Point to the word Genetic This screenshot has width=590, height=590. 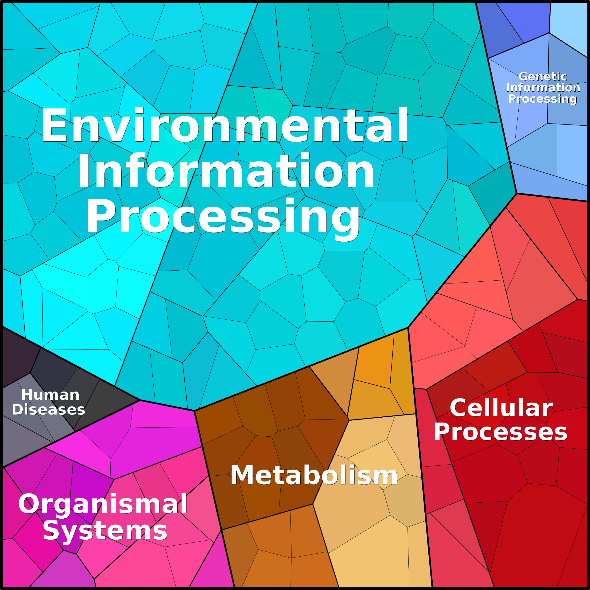click(542, 77)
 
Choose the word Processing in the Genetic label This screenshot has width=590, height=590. click(542, 99)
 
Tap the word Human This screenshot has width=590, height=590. click(50, 395)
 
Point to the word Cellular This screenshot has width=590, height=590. click(501, 408)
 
